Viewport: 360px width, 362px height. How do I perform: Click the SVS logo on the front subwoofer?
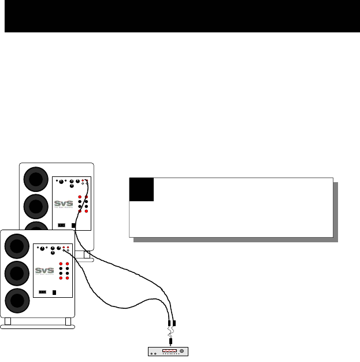[x=44, y=270]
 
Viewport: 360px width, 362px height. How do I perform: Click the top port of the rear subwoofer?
[x=35, y=179]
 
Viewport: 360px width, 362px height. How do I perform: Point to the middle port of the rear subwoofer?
[x=35, y=205]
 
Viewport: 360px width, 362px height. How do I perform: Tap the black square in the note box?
[x=142, y=190]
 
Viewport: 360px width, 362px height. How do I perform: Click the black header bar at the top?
[x=180, y=16]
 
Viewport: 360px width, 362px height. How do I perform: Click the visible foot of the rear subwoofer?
[x=87, y=255]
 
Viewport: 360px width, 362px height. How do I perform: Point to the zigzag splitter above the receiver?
[x=170, y=334]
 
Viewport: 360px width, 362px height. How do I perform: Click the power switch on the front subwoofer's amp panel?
[x=41, y=292]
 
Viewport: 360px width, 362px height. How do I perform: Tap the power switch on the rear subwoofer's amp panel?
[x=62, y=226]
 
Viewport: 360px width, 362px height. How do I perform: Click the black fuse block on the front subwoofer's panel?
[x=54, y=292]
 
